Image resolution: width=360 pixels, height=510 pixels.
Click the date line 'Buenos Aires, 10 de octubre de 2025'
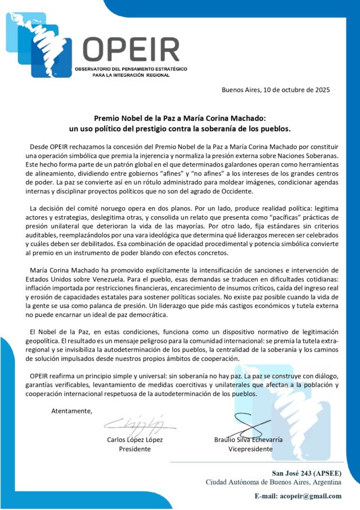(276, 90)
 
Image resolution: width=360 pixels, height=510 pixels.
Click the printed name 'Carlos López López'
(135, 439)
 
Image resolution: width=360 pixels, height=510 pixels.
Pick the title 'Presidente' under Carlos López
(135, 449)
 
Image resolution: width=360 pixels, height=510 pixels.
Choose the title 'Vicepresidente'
(251, 449)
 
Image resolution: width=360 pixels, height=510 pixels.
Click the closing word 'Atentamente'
(72, 411)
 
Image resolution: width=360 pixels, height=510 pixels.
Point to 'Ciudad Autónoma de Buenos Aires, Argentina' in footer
(273, 482)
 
